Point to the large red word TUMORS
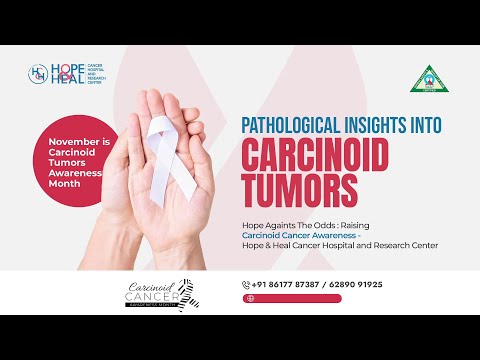pyautogui.click(x=297, y=190)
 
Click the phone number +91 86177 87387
pyautogui.click(x=286, y=284)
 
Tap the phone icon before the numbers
pyautogui.click(x=246, y=284)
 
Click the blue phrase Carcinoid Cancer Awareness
pyautogui.click(x=293, y=235)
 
